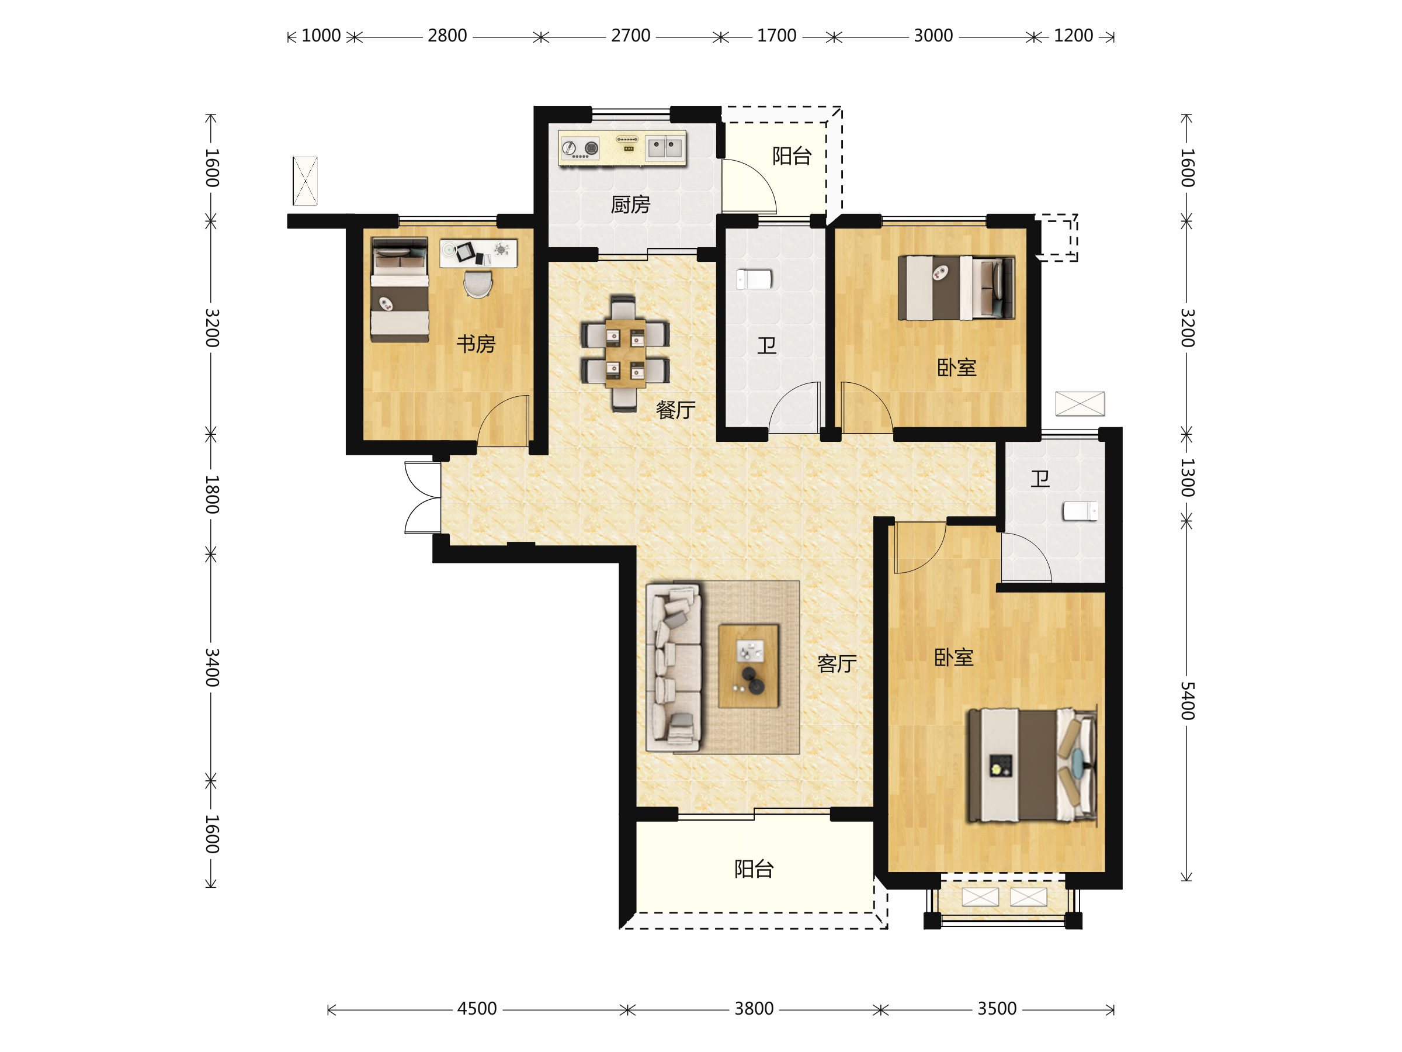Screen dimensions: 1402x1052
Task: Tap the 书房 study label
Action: pyautogui.click(x=476, y=344)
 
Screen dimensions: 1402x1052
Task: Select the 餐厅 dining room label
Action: pyautogui.click(x=675, y=410)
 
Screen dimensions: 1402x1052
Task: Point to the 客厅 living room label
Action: pyautogui.click(x=837, y=664)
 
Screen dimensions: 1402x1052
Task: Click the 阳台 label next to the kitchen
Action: pyautogui.click(x=792, y=156)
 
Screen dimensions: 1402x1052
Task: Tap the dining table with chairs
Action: pyautogui.click(x=625, y=353)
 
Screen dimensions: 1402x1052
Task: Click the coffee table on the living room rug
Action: pyautogui.click(x=748, y=666)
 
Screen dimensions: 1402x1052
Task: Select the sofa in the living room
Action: pyautogui.click(x=674, y=667)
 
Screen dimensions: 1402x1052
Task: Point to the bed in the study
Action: pyautogui.click(x=400, y=290)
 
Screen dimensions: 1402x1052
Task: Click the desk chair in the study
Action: pyautogui.click(x=477, y=284)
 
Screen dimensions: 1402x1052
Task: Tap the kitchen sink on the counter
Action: pyautogui.click(x=665, y=148)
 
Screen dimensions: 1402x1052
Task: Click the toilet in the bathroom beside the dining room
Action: pyautogui.click(x=754, y=279)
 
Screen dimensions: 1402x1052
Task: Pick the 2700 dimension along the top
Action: pyautogui.click(x=631, y=36)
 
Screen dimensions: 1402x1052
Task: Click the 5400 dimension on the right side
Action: pyautogui.click(x=1187, y=701)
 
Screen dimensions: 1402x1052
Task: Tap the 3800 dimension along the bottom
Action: pyautogui.click(x=754, y=1009)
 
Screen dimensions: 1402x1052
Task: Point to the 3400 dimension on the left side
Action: pyautogui.click(x=211, y=667)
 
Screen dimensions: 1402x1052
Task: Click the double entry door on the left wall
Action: pyautogui.click(x=423, y=498)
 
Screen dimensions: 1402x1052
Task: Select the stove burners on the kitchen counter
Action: pyautogui.click(x=581, y=148)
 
